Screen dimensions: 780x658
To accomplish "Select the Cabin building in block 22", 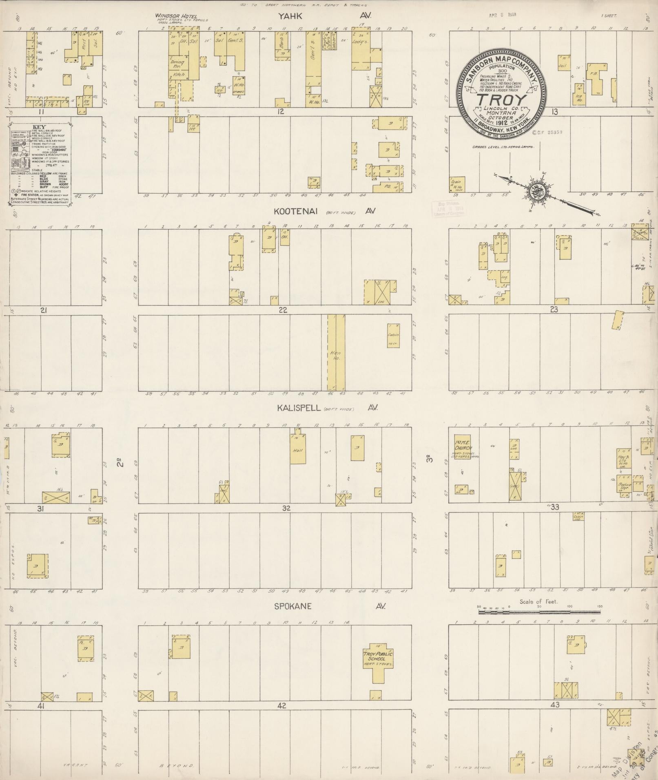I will pyautogui.click(x=393, y=336).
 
